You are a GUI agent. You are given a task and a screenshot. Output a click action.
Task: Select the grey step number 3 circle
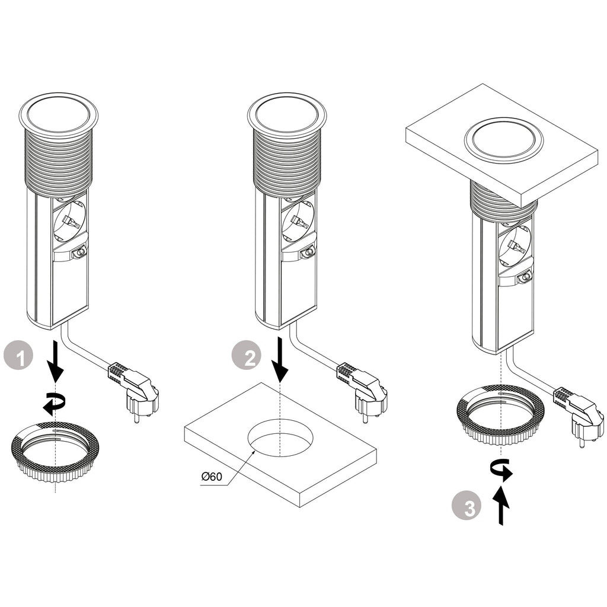(467, 507)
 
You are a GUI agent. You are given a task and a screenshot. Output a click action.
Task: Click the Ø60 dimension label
(212, 476)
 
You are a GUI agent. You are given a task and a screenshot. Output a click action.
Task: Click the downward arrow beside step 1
(56, 363)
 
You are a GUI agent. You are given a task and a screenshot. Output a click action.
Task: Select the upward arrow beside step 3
(501, 505)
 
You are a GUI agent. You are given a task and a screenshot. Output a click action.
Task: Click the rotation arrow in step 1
(54, 404)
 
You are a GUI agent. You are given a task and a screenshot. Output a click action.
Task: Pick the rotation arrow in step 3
(502, 469)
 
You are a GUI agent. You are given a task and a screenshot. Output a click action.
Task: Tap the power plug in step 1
(135, 388)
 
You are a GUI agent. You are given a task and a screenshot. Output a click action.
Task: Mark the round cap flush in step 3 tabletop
(504, 140)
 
